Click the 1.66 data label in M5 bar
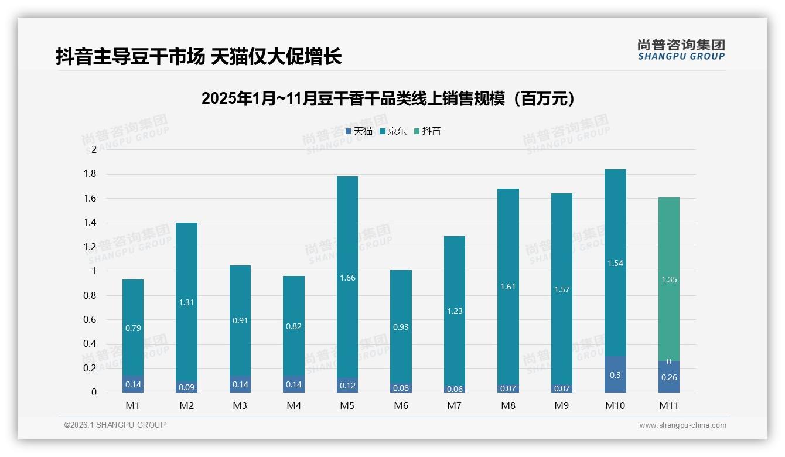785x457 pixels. click(x=347, y=278)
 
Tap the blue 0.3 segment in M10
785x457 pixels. click(x=615, y=375)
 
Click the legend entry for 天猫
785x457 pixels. click(x=359, y=131)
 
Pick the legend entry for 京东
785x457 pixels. click(x=393, y=131)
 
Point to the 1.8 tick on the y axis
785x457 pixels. click(x=89, y=174)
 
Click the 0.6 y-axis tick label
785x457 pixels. click(x=89, y=320)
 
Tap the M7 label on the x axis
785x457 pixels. click(x=455, y=405)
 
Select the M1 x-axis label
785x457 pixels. click(x=132, y=405)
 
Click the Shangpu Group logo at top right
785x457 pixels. click(x=681, y=49)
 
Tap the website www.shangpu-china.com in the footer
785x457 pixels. click(x=682, y=425)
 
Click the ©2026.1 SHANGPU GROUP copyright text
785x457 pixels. click(x=115, y=425)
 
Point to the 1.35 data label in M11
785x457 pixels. click(x=669, y=280)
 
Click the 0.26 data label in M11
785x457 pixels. click(x=669, y=378)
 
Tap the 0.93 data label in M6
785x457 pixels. click(x=401, y=327)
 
